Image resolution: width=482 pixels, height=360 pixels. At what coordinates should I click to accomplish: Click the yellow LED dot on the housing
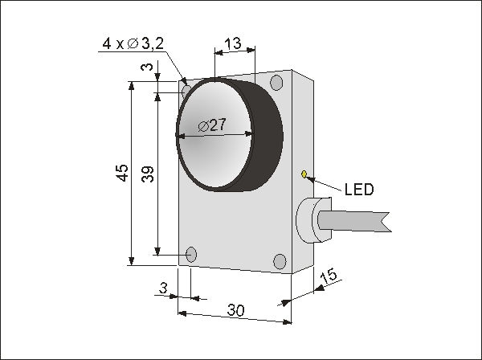click(304, 174)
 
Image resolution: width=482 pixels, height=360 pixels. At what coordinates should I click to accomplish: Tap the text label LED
click(359, 190)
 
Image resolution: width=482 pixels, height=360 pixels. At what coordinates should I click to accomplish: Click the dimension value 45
click(123, 173)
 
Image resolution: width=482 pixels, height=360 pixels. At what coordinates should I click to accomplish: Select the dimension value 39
click(148, 174)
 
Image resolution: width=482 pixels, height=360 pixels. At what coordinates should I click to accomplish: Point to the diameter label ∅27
click(212, 125)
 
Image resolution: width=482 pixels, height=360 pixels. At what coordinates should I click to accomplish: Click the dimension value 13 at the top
click(233, 43)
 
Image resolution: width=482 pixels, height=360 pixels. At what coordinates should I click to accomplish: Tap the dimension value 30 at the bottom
click(235, 310)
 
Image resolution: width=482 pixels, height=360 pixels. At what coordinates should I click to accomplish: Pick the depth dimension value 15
click(329, 276)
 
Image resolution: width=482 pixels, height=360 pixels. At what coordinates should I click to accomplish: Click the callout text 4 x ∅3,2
click(133, 44)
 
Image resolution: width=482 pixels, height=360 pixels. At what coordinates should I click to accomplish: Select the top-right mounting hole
click(276, 83)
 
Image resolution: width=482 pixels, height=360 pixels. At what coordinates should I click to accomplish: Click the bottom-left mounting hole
click(191, 255)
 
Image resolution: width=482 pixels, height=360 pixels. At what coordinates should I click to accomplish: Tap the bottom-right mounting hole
click(280, 261)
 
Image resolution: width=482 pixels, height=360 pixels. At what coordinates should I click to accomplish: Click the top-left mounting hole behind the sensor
click(186, 91)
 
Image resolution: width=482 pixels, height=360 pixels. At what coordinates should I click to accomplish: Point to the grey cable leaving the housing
click(353, 220)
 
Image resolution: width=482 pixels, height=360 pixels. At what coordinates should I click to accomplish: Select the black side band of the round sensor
click(268, 135)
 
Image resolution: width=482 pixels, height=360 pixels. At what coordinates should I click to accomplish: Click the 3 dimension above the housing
click(148, 67)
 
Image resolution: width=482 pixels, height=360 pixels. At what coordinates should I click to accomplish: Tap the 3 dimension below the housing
click(164, 288)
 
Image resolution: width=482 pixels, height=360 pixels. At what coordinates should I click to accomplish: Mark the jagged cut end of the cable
click(386, 222)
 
